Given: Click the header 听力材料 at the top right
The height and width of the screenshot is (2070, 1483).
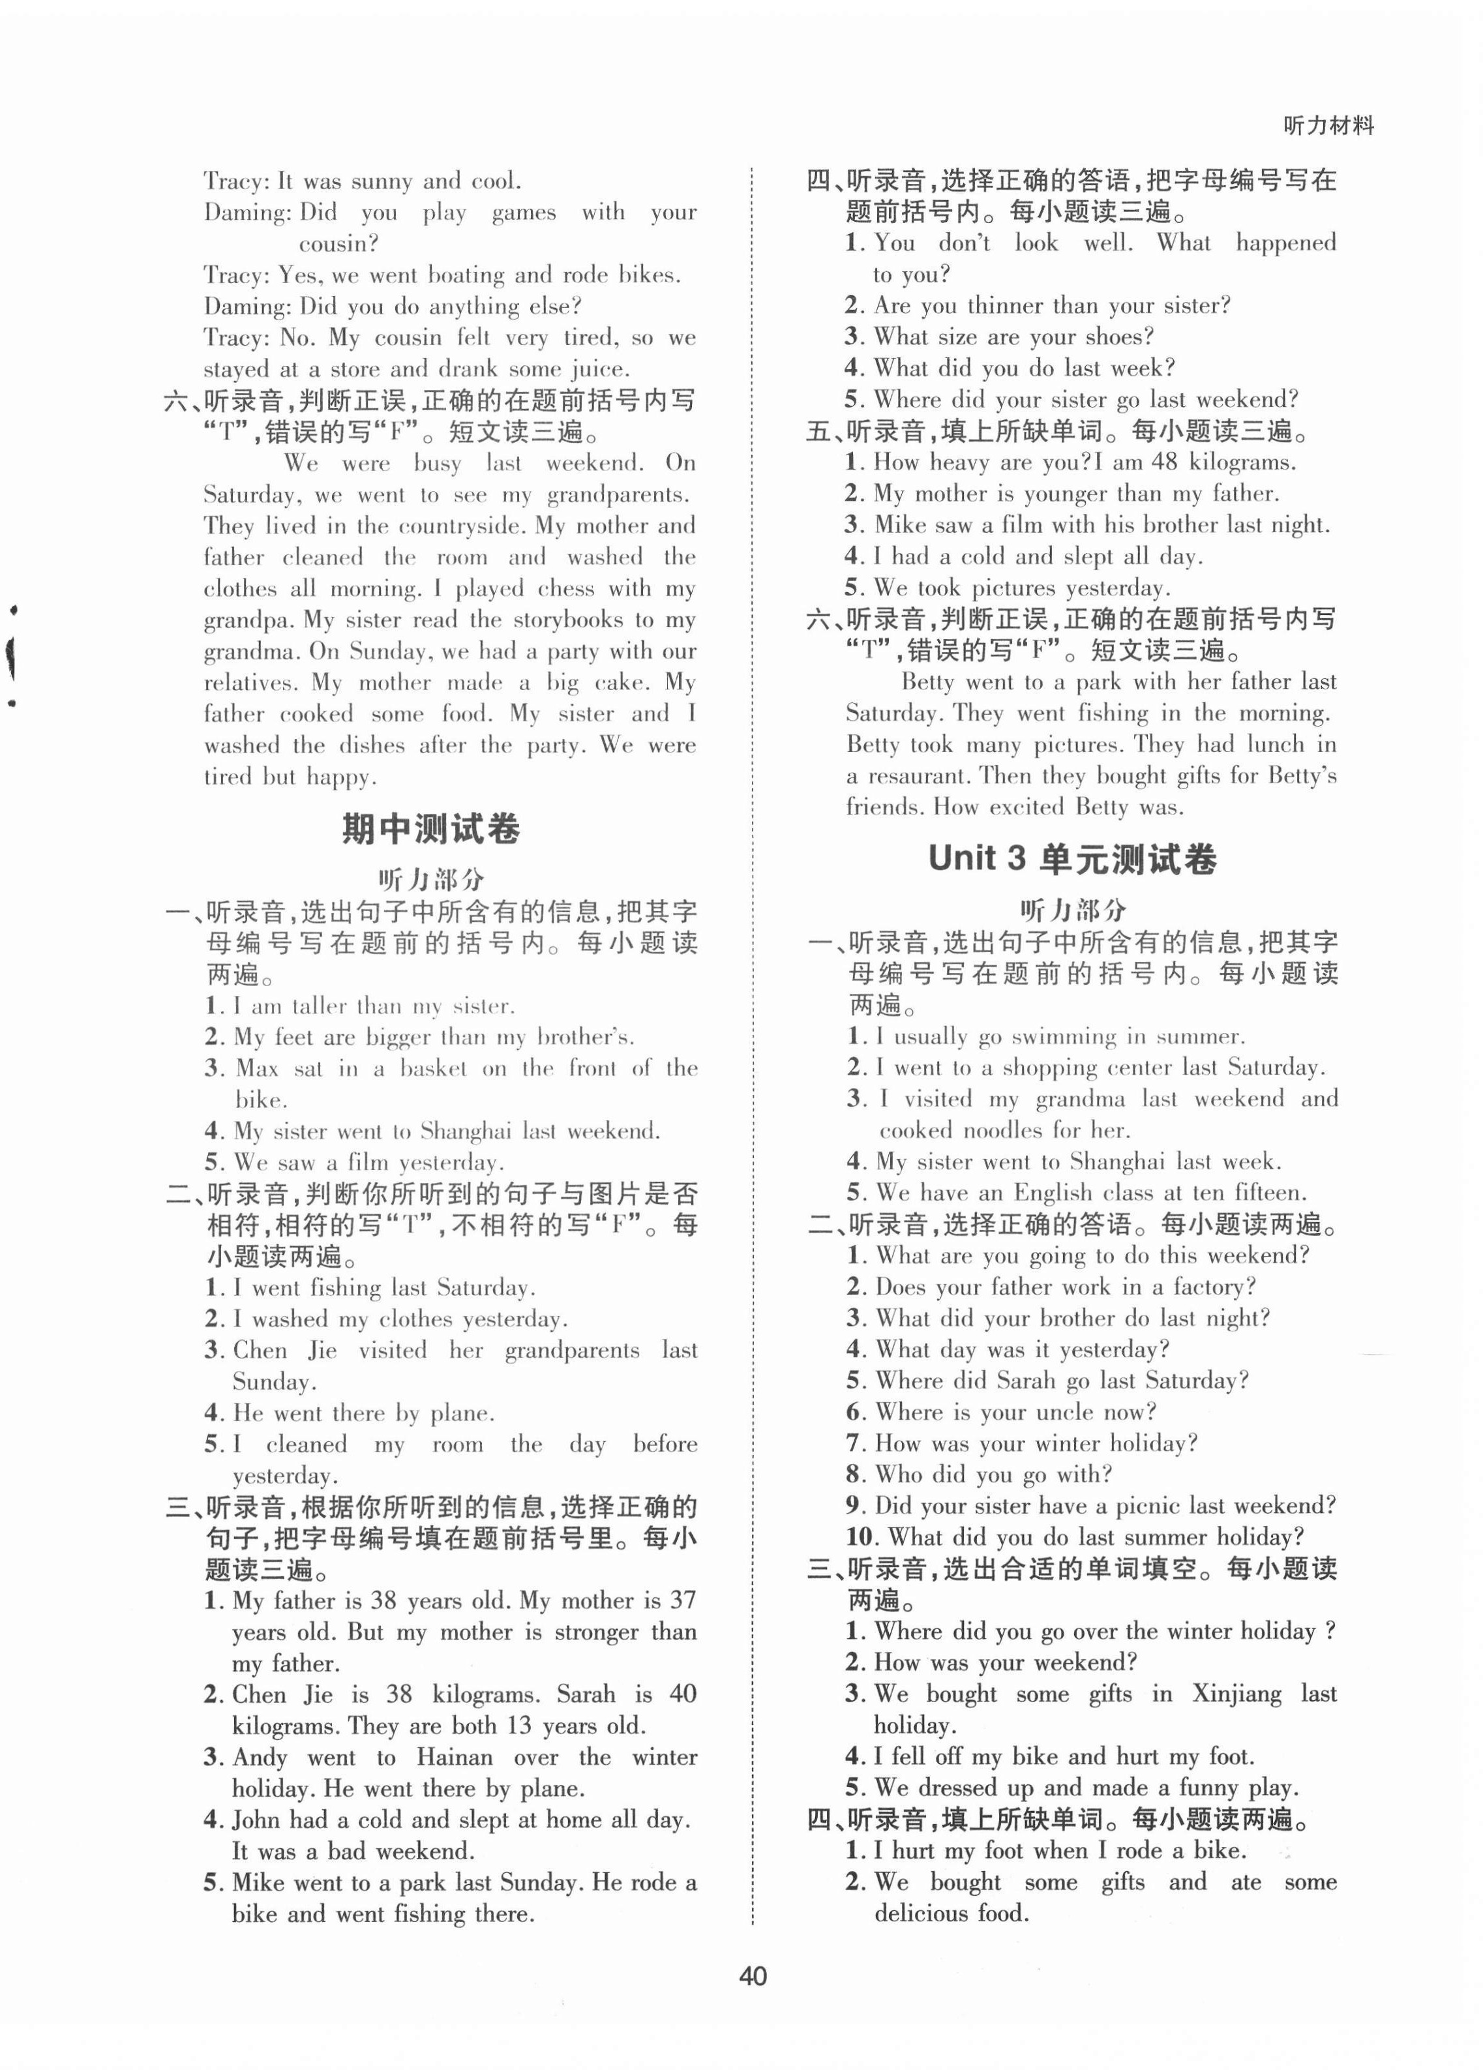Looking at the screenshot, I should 1328,126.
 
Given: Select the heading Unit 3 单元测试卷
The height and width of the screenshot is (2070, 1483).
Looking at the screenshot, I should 1072,859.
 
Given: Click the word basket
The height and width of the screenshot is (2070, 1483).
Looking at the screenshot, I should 434,1068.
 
